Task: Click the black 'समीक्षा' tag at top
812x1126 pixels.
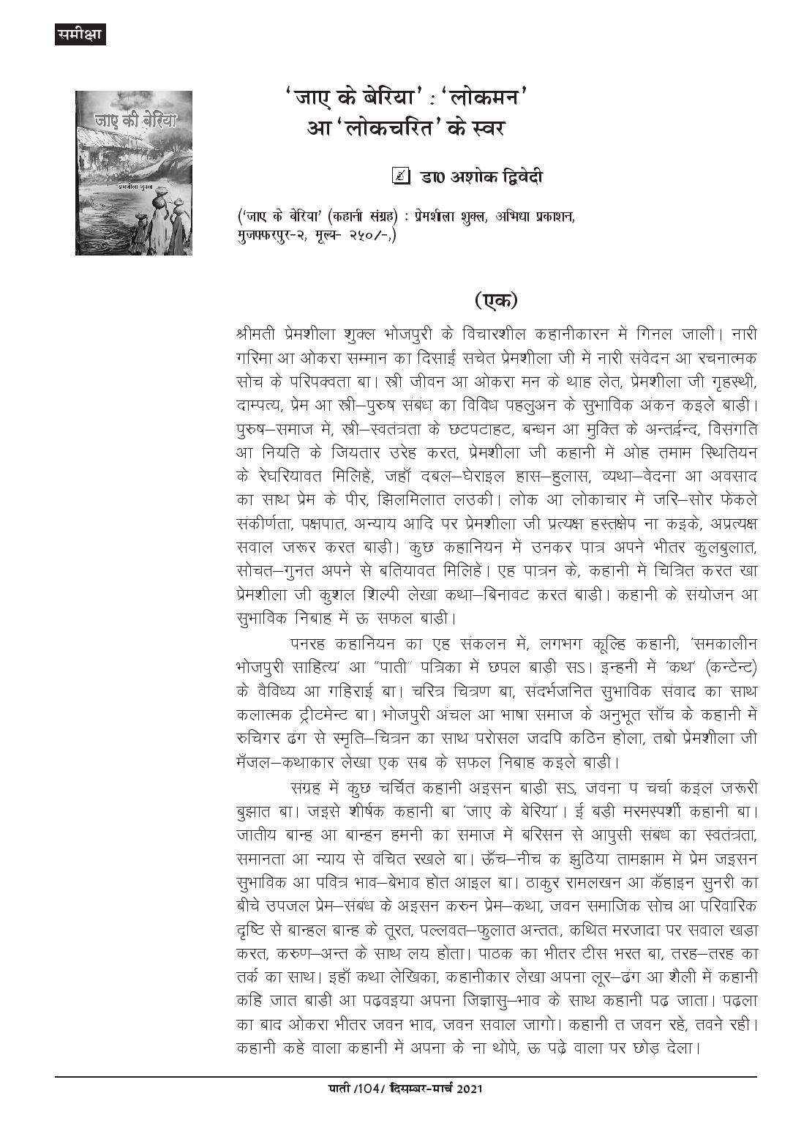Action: (x=80, y=34)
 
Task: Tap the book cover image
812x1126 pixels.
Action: (x=133, y=173)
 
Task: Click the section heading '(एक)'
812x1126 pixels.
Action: (x=495, y=300)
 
